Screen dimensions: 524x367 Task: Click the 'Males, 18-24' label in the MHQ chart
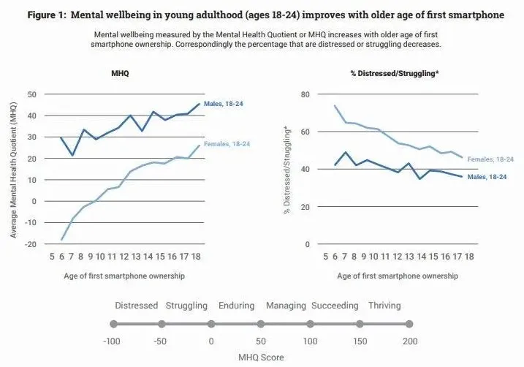click(x=223, y=104)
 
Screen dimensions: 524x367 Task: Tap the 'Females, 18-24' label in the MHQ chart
click(x=227, y=144)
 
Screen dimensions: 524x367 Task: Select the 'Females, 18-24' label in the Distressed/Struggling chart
click(x=490, y=159)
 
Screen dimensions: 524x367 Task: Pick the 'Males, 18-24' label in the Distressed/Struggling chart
click(x=487, y=177)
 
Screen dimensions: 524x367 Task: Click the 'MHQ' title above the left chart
click(x=120, y=73)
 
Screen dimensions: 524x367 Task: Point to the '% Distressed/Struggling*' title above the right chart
click(x=395, y=73)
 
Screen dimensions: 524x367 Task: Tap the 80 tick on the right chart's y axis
click(x=305, y=94)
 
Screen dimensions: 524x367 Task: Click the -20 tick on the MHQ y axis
click(x=30, y=244)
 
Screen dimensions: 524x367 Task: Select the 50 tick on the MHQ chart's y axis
click(x=31, y=94)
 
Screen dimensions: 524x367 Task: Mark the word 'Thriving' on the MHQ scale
click(x=384, y=306)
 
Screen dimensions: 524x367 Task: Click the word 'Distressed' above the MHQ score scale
click(x=137, y=306)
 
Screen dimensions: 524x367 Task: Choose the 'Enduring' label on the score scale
click(x=236, y=306)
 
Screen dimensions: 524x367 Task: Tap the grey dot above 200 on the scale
click(x=409, y=324)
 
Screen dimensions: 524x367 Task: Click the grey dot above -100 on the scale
click(x=113, y=324)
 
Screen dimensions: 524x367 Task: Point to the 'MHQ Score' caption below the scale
click(x=261, y=357)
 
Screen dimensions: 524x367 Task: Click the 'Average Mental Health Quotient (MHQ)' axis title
click(x=13, y=169)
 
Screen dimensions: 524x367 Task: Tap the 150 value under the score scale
click(x=360, y=341)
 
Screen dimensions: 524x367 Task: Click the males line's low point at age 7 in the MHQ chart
click(x=72, y=156)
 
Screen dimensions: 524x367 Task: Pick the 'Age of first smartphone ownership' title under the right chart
click(x=398, y=276)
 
